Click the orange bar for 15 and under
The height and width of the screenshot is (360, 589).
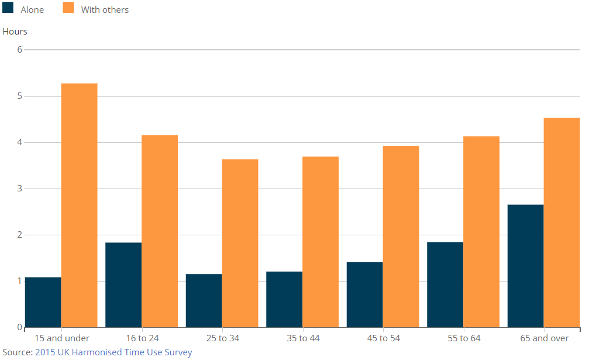[x=79, y=205]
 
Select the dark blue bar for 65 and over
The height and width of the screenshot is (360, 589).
[x=525, y=266]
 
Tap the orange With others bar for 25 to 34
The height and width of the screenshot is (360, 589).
[x=240, y=243]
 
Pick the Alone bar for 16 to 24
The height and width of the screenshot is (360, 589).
[x=123, y=284]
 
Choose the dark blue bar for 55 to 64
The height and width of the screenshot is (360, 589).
[x=445, y=284]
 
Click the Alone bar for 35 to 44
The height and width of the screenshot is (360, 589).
[x=284, y=299]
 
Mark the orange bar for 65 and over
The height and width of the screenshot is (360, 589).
[x=562, y=222]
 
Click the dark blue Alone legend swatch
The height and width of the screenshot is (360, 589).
[x=8, y=9]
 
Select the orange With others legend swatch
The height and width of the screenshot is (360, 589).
[x=68, y=9]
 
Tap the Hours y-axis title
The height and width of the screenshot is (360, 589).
[x=15, y=32]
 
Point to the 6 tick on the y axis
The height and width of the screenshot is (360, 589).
[x=19, y=50]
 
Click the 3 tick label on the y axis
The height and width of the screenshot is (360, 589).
[x=19, y=188]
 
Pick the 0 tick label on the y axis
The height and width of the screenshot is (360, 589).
[x=19, y=327]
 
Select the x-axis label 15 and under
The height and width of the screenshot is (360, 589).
[x=62, y=338]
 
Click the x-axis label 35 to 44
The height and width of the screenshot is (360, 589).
[x=303, y=338]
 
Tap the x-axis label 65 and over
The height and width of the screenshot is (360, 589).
[x=544, y=338]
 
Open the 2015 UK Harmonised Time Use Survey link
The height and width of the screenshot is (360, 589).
[x=113, y=352]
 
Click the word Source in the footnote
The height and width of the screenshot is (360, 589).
[x=16, y=352]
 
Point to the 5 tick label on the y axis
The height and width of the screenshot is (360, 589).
[x=19, y=96]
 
